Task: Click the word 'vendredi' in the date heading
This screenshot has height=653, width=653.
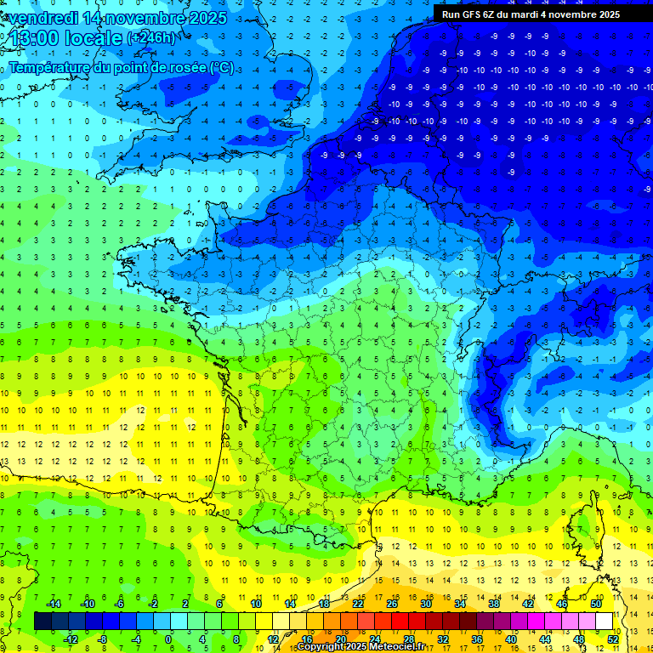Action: tap(43, 17)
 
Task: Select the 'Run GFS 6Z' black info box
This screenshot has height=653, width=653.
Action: tap(542, 14)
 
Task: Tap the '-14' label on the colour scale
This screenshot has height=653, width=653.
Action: tap(52, 604)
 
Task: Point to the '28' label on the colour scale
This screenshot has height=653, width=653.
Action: tap(409, 639)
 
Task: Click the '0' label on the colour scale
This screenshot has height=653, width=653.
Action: tap(168, 639)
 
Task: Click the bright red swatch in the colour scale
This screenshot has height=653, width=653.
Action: tap(400, 622)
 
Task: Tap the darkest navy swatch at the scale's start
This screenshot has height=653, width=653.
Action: tap(43, 622)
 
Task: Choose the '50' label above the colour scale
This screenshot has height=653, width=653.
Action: tap(596, 604)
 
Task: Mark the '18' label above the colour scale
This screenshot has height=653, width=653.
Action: tap(324, 604)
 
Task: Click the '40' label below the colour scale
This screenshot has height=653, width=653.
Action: tap(511, 639)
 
